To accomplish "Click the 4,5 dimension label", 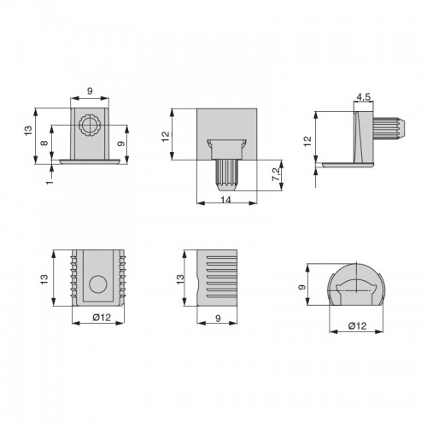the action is tap(364, 97).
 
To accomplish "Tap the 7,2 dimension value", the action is tap(276, 174).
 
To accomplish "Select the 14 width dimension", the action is tap(225, 200).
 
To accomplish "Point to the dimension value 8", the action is tap(44, 142).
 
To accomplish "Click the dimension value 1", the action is tap(50, 181).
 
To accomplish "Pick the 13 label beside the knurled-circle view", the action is tap(28, 131).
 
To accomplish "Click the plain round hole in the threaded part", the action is tap(98, 284).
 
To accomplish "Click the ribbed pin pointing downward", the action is tap(227, 175).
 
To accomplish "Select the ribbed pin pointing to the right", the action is tap(389, 128).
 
